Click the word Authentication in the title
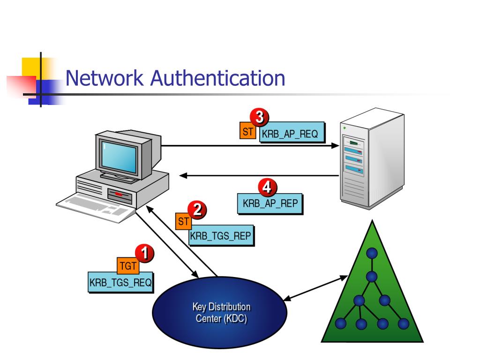click(217, 78)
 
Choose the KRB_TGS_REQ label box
click(121, 283)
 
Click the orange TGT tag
click(127, 266)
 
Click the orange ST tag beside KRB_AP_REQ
click(247, 132)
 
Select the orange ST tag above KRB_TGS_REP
click(183, 221)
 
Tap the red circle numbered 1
click(145, 254)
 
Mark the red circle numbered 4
click(267, 188)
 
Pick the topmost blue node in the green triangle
click(372, 254)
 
